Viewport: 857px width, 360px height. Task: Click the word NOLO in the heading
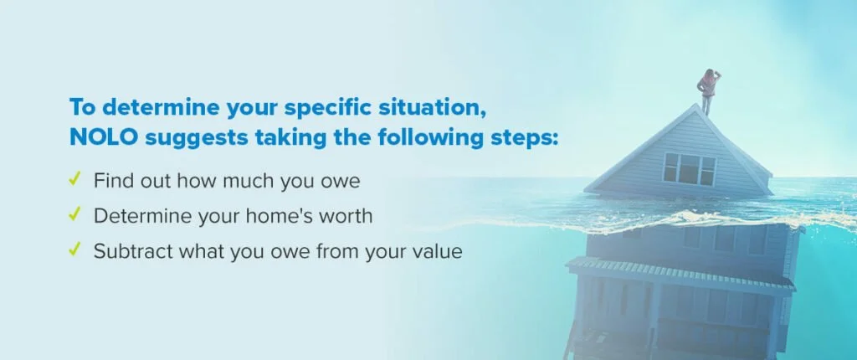(104, 137)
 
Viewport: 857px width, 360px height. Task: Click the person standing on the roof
(707, 90)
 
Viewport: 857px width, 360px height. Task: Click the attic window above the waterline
(689, 168)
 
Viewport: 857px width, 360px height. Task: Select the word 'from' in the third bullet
(320, 251)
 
